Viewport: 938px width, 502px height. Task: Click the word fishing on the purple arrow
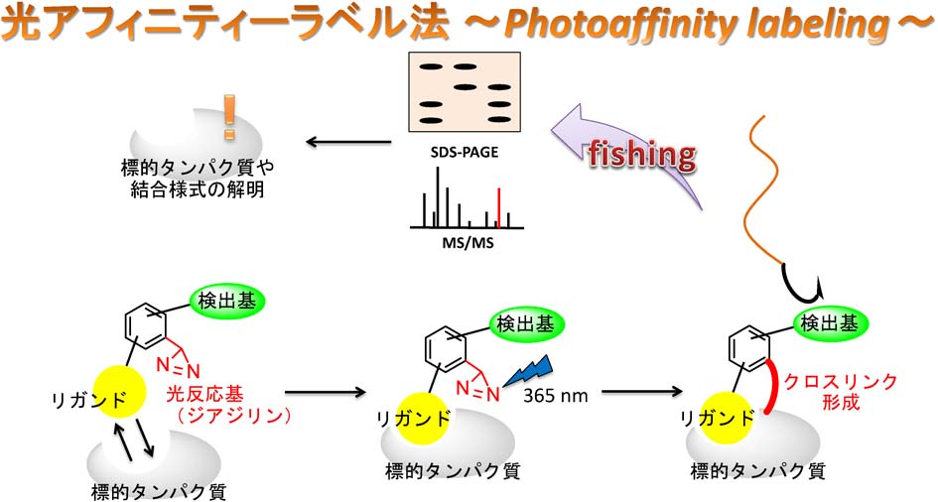point(641,154)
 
